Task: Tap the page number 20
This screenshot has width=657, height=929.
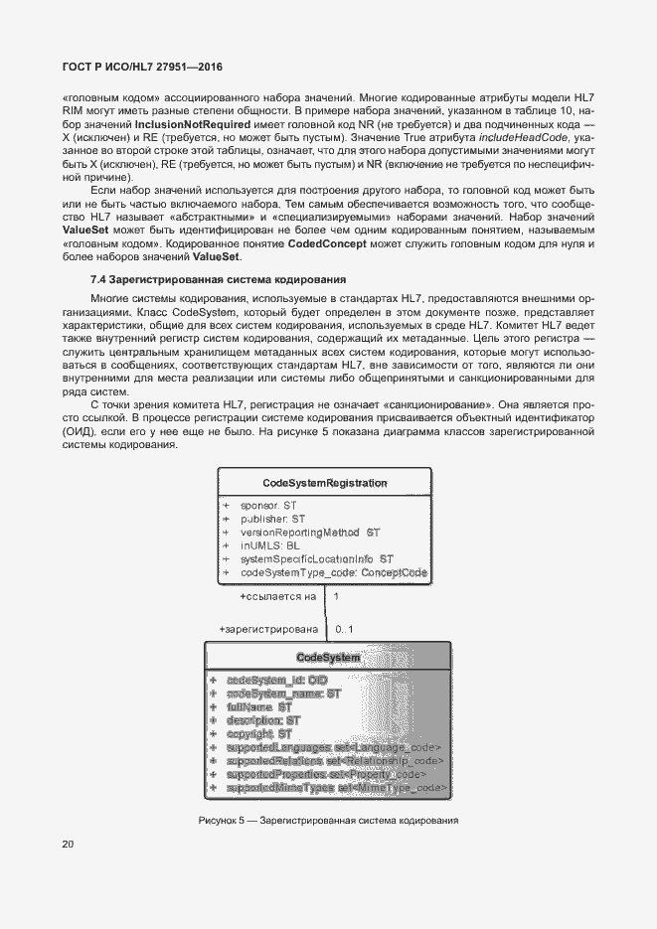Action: (69, 846)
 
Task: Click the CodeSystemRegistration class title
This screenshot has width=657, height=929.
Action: (324, 483)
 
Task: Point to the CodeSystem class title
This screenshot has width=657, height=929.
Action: (328, 658)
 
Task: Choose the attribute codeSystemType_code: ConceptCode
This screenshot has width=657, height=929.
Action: (333, 573)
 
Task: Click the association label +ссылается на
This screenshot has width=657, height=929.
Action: (277, 597)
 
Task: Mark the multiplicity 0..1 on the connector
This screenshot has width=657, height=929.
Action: (345, 629)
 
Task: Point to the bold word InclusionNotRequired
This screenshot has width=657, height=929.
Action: (188, 123)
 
